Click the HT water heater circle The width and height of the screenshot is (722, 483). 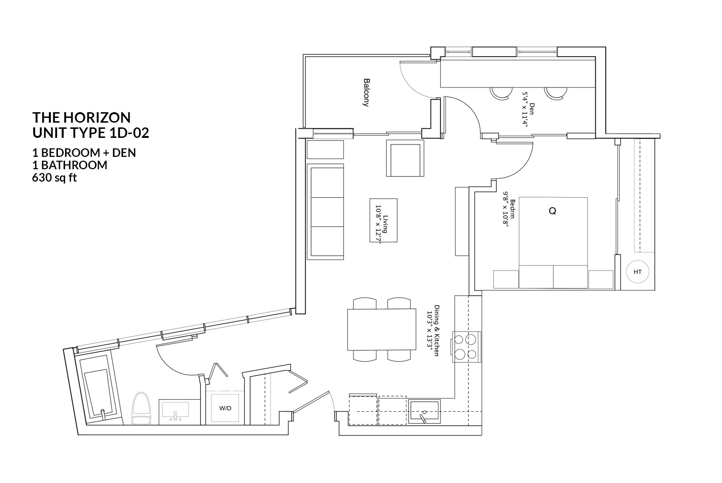pos(637,272)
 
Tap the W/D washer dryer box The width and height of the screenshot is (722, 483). pos(225,408)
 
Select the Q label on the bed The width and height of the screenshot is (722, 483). pos(552,211)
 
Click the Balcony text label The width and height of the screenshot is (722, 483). pos(366,92)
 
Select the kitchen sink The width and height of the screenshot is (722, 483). pos(425,411)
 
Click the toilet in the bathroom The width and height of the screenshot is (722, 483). pos(141,408)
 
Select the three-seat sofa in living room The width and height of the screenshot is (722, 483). pos(326,212)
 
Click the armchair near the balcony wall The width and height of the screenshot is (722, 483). pos(405,158)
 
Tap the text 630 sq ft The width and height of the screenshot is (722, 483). pos(54,178)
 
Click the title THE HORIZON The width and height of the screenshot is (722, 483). pos(81,117)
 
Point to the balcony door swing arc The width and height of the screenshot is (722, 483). pos(411,81)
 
